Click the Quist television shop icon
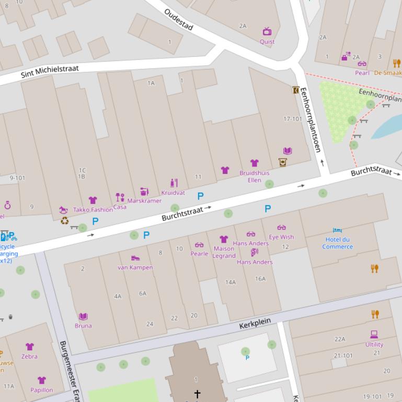[x=267, y=31]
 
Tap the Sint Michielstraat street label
[x=50, y=72]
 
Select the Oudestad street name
[x=179, y=20]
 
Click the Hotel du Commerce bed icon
[x=337, y=230]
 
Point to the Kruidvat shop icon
[x=174, y=183]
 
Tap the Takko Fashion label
[x=93, y=210]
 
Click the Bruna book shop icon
[x=83, y=316]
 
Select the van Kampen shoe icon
[x=135, y=258]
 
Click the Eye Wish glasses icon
[x=281, y=228]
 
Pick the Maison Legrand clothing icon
[x=224, y=239]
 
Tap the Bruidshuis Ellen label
[x=255, y=176]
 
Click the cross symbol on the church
[x=197, y=394]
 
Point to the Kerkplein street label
[x=255, y=324]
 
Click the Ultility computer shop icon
[x=374, y=335]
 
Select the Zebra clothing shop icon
[x=30, y=347]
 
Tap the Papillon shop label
[x=41, y=390]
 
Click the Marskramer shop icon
[x=144, y=192]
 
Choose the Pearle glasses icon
[x=199, y=245]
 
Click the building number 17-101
[x=293, y=119]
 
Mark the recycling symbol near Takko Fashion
[x=64, y=221]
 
